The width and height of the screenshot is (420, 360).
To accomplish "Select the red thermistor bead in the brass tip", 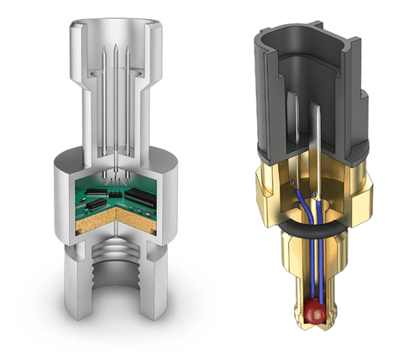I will tap(316, 312).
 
